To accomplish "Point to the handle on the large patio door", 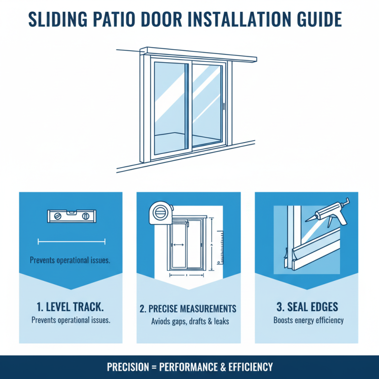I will (x=223, y=106).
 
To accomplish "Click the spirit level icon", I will (x=71, y=217).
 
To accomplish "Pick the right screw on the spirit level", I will (x=86, y=217).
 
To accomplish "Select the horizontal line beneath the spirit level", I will (x=71, y=242).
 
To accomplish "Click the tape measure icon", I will (x=157, y=212).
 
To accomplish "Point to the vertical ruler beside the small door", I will (x=219, y=246).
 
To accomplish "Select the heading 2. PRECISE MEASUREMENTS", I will (x=188, y=309).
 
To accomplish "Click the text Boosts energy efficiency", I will (x=308, y=320).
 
